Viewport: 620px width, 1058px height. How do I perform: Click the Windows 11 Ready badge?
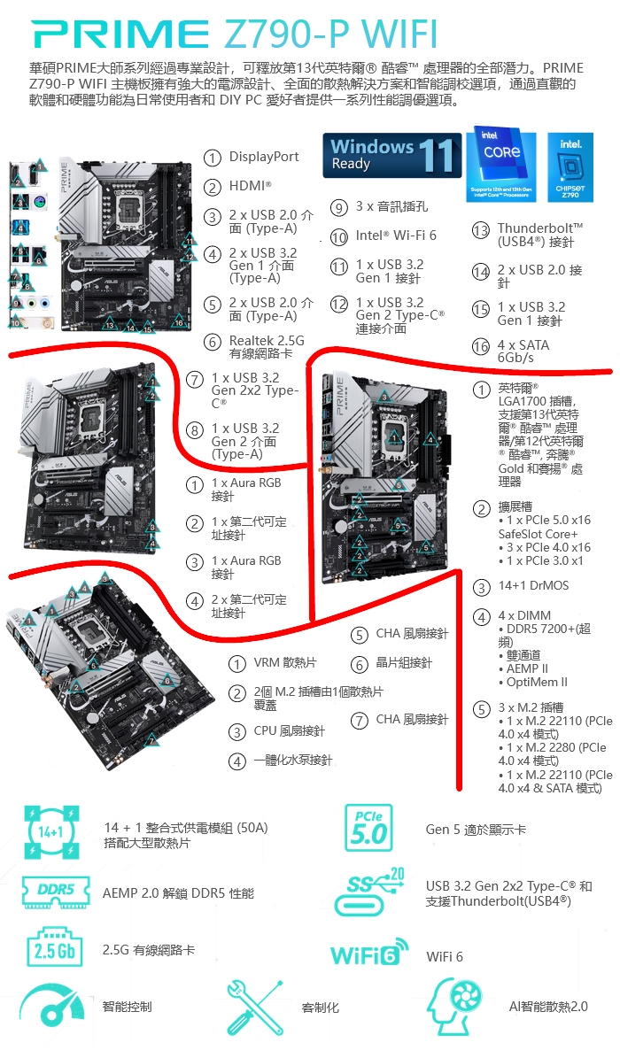(x=391, y=156)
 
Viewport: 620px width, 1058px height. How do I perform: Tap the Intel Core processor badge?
(x=501, y=163)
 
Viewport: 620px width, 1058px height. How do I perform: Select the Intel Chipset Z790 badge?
(x=570, y=167)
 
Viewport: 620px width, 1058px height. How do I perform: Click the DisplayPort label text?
(x=263, y=157)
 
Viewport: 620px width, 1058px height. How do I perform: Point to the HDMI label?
(x=250, y=186)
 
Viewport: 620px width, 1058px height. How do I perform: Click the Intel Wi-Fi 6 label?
(x=396, y=236)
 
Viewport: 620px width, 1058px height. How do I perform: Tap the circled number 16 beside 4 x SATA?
(x=480, y=347)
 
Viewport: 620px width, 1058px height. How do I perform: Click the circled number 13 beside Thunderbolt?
(x=480, y=230)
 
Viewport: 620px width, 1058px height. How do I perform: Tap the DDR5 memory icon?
(x=56, y=892)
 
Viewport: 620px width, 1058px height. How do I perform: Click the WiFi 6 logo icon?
(x=369, y=953)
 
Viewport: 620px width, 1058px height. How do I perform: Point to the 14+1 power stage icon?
(x=51, y=832)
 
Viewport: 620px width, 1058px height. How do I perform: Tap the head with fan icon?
(x=456, y=1006)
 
